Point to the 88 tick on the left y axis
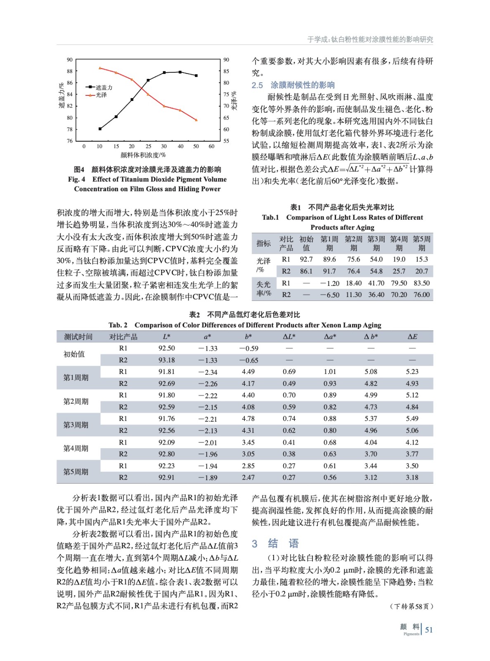[x=69, y=71]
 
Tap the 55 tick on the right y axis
[x=226, y=141]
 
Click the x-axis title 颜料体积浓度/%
[x=143, y=155]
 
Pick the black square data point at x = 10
[x=100, y=129]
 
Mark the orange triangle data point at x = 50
[x=196, y=120]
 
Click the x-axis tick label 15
[x=116, y=146]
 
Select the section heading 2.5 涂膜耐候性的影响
[x=293, y=85]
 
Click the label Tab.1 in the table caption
[x=270, y=217]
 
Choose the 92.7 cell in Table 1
[x=306, y=259]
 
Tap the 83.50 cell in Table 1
[x=421, y=283]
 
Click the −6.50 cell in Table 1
[x=329, y=295]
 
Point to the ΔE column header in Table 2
[x=412, y=337]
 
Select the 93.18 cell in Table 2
[x=166, y=360]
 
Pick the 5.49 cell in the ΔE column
[x=412, y=418]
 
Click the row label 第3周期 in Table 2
[x=76, y=425]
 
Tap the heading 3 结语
[x=275, y=543]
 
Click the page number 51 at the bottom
[x=429, y=630]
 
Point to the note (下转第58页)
[x=411, y=606]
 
